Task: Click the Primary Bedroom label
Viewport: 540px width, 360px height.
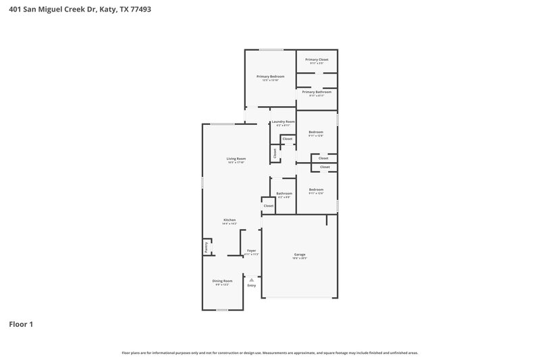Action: (270, 76)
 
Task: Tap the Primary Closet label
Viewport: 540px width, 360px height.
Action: (317, 59)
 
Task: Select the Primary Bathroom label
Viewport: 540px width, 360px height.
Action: (317, 92)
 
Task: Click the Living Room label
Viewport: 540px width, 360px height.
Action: (236, 159)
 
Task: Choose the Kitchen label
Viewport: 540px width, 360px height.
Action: (230, 221)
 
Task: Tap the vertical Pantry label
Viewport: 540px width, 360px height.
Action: (207, 249)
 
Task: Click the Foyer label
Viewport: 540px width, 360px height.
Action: (251, 251)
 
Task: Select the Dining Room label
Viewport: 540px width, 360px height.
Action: (223, 281)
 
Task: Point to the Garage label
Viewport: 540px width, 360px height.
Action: (300, 255)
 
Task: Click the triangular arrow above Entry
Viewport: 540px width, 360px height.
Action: (251, 279)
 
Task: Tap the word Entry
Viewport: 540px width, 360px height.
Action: (251, 286)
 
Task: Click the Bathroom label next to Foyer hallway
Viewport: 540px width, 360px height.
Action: (283, 194)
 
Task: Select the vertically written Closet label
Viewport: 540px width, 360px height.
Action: (275, 154)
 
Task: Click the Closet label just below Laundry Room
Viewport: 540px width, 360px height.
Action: (288, 138)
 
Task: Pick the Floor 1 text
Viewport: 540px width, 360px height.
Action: (20, 324)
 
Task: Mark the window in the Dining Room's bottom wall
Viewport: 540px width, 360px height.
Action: (222, 310)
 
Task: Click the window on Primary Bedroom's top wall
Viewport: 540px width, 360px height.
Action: (272, 49)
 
